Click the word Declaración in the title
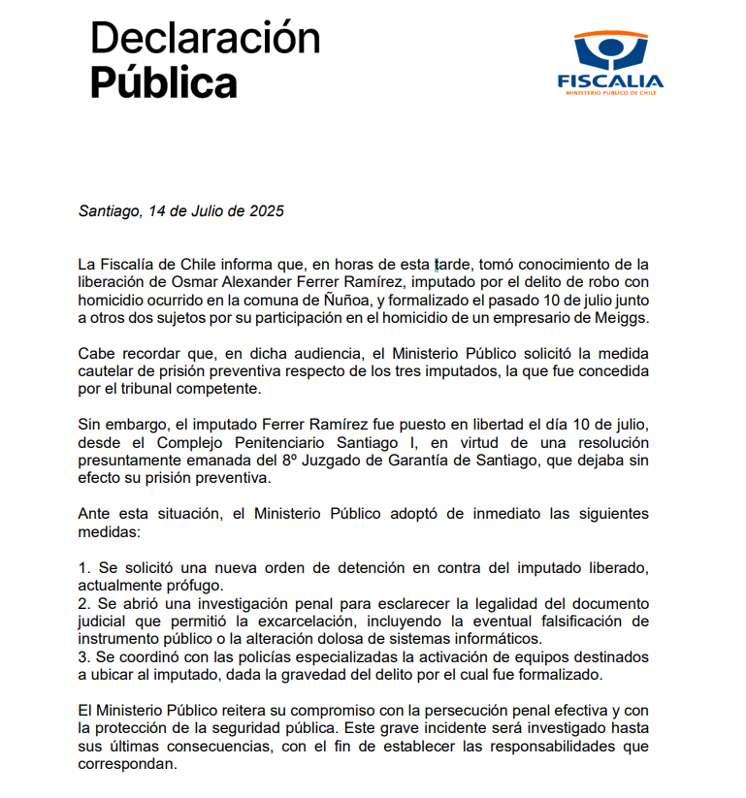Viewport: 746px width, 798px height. click(205, 39)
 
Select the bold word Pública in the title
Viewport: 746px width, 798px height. click(163, 83)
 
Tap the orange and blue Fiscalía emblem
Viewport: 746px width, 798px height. click(610, 50)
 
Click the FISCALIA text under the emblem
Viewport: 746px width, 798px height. click(610, 81)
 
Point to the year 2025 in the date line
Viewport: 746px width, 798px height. click(265, 211)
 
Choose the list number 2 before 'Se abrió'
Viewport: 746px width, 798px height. click(82, 602)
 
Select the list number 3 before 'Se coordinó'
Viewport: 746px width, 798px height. click(82, 656)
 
